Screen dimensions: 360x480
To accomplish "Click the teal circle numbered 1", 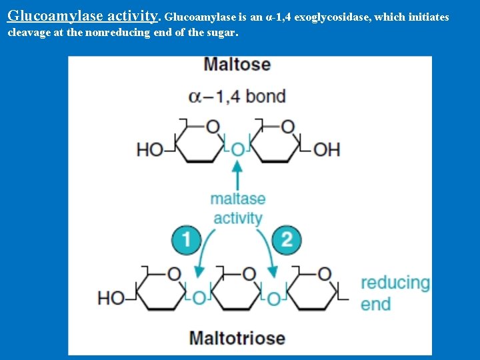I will point(187,239).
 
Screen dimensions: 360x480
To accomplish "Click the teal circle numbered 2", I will point(287,239).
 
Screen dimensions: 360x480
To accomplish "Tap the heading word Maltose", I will point(237,65).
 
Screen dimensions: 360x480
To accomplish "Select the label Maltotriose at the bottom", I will point(237,337).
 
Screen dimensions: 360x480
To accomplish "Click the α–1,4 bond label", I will point(237,97).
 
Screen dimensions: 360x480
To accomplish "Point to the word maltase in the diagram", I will point(238,199).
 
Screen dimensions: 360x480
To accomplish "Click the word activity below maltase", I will point(238,218).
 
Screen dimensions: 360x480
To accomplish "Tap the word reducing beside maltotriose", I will point(395,283).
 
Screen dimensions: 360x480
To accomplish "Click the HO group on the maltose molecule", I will point(149,149).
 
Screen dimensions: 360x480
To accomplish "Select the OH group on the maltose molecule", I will point(327,149).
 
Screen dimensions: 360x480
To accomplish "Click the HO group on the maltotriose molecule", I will point(111,297).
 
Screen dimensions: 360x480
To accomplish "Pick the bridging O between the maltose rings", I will point(237,150).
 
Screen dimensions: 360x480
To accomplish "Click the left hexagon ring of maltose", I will point(198,142).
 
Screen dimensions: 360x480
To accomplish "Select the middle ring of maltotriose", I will point(237,290).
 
